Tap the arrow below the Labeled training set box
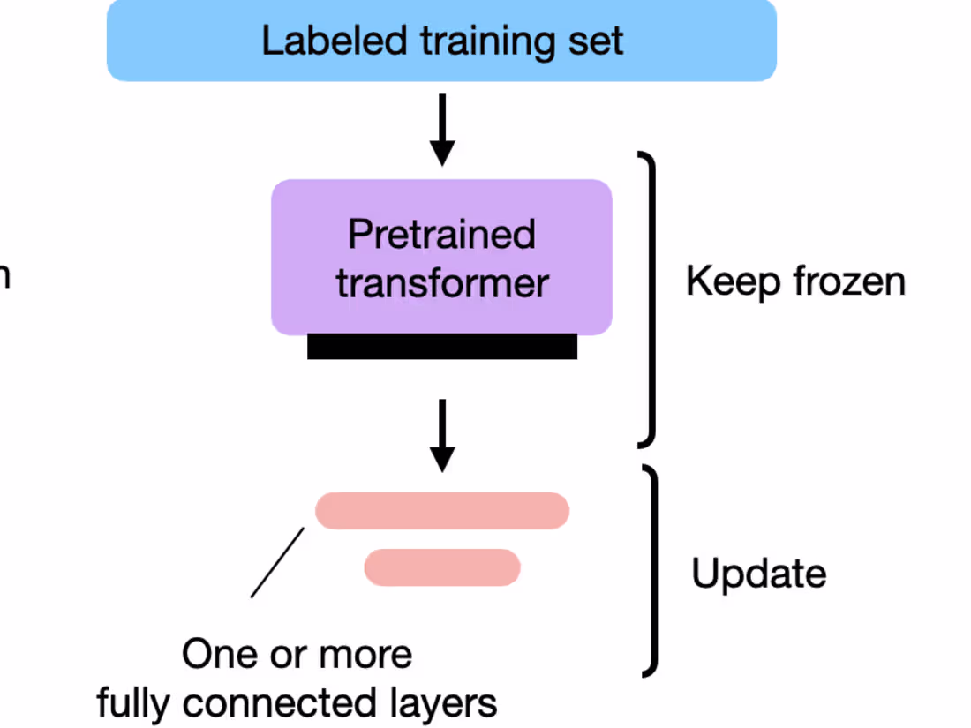coord(442,129)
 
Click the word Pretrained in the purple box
coord(441,235)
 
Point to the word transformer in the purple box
coord(441,284)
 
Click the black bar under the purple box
coord(441,346)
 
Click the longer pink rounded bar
coord(442,511)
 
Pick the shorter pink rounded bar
coord(442,567)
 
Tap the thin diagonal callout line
coord(277,563)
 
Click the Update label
coord(758,574)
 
